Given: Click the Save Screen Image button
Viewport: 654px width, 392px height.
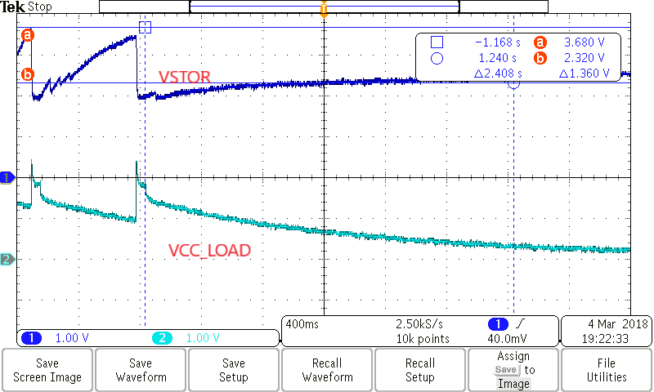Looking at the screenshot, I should click(x=47, y=370).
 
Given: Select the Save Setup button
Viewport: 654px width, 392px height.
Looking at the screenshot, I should click(x=234, y=370).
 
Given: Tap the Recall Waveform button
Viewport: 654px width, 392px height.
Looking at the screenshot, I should click(x=327, y=370).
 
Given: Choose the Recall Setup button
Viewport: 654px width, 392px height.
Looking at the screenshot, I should click(x=420, y=370).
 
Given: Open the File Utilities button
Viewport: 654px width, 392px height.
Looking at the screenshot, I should click(x=606, y=370).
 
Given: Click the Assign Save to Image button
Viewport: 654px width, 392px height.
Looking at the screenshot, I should click(x=513, y=370).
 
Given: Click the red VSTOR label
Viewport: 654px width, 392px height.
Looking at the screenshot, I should click(x=185, y=78).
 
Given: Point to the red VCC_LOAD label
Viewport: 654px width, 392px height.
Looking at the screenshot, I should click(x=209, y=251).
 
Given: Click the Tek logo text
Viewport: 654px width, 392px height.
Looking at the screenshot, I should click(x=14, y=7).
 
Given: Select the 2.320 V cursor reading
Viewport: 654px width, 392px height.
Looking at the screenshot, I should click(x=582, y=58).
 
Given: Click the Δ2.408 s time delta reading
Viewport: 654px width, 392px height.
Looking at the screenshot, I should click(x=498, y=73).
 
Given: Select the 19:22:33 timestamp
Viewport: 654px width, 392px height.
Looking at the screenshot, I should click(x=606, y=338).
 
